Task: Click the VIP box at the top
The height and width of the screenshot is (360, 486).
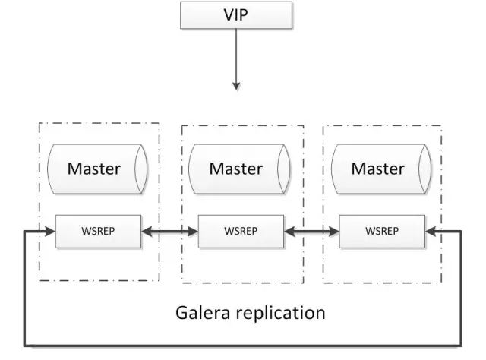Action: tap(235, 14)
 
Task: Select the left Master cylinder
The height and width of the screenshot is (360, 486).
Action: tap(97, 169)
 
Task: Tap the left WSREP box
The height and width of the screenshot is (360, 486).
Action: tap(98, 230)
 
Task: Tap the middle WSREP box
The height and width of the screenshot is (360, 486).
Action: tap(240, 230)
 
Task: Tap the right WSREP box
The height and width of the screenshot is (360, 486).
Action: tap(382, 230)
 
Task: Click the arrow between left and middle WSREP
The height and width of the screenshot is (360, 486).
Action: tap(169, 230)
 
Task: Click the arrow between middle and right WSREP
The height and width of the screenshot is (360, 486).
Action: tap(311, 230)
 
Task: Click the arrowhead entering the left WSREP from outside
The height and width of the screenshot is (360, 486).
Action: tap(51, 230)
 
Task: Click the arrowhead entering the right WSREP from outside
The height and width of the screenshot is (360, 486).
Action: tap(430, 230)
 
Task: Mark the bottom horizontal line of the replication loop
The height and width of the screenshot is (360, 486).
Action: tap(243, 346)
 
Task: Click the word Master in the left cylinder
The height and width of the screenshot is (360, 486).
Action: tap(93, 169)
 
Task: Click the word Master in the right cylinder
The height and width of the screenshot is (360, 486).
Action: tap(377, 169)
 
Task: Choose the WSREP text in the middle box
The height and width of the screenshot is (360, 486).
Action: tap(240, 230)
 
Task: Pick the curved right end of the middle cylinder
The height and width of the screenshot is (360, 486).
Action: tap(282, 169)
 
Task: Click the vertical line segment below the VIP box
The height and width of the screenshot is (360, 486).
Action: tap(235, 57)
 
